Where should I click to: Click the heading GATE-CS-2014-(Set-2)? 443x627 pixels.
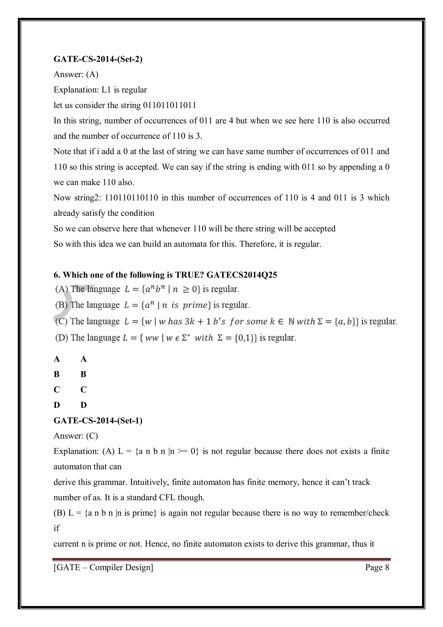click(x=98, y=59)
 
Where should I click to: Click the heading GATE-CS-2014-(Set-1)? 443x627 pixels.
click(x=98, y=420)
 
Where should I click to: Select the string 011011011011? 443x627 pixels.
click(x=169, y=105)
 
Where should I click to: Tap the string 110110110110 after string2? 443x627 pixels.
click(x=131, y=197)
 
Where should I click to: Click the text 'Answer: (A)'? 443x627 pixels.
click(x=76, y=74)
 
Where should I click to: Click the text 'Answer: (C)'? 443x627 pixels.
click(x=76, y=436)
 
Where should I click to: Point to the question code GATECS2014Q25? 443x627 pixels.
click(x=242, y=275)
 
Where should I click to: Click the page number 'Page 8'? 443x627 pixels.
click(x=377, y=567)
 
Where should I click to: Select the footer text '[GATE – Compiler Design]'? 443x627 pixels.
click(x=103, y=567)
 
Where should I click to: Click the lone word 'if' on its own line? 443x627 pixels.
click(x=56, y=528)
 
